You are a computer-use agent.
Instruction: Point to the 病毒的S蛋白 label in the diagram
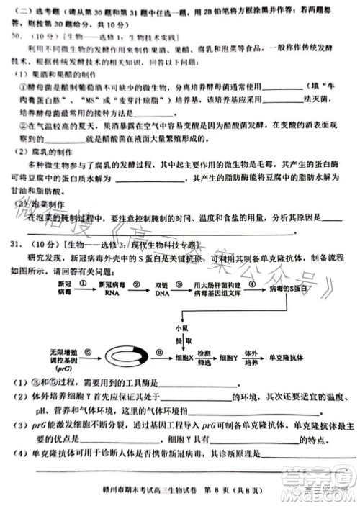(x=289, y=289)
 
